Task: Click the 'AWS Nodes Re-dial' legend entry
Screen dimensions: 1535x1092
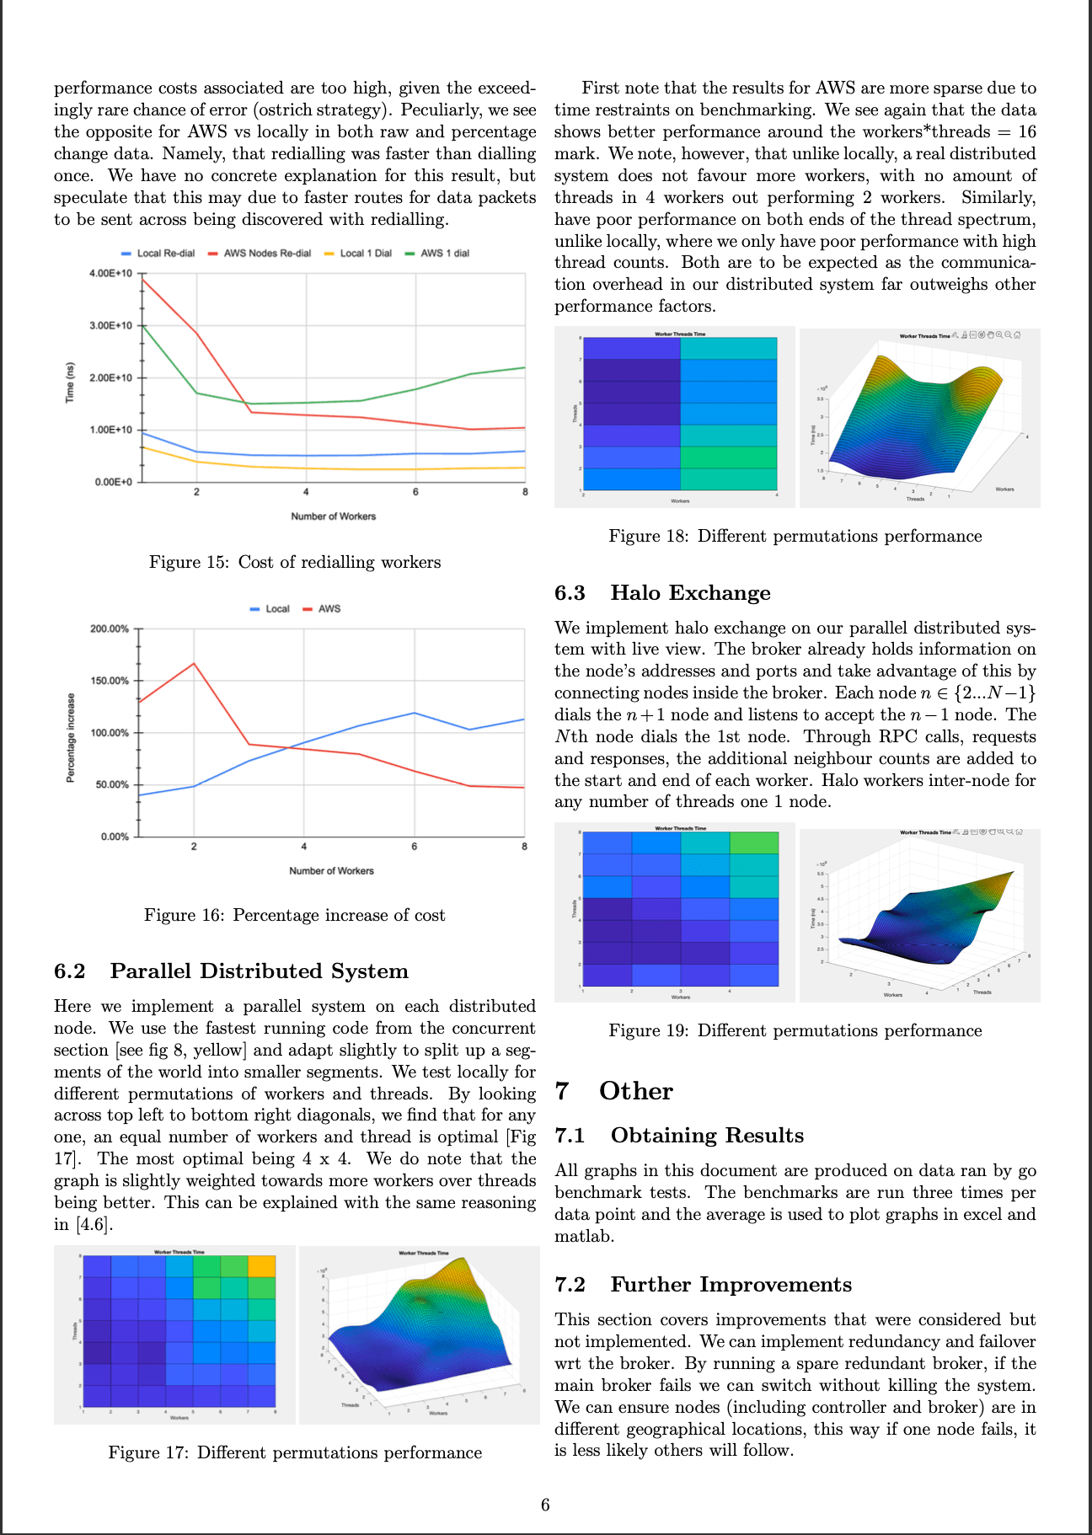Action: pos(266,254)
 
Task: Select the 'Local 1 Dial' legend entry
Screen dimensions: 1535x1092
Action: pos(365,254)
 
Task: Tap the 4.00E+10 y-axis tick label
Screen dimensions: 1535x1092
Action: pos(110,274)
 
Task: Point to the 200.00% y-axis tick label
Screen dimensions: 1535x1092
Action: pos(110,628)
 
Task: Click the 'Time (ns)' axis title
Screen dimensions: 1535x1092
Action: pos(71,382)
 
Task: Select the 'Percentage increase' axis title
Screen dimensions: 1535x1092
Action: pos(71,738)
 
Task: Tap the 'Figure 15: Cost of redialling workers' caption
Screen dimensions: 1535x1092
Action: pos(295,562)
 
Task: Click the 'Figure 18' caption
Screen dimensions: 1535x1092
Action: pos(795,536)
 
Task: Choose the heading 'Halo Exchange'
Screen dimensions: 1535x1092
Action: pos(690,593)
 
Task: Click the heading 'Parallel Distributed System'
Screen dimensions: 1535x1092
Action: pos(259,971)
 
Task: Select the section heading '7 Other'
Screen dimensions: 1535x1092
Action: pos(614,1091)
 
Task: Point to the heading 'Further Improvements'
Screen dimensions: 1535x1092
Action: pos(731,1285)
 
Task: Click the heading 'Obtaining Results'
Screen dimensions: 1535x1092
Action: pos(707,1136)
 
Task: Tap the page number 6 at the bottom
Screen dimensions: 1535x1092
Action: pos(545,1505)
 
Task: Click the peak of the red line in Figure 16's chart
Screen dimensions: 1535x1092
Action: pos(194,663)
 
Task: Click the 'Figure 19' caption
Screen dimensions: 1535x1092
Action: pos(795,1030)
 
